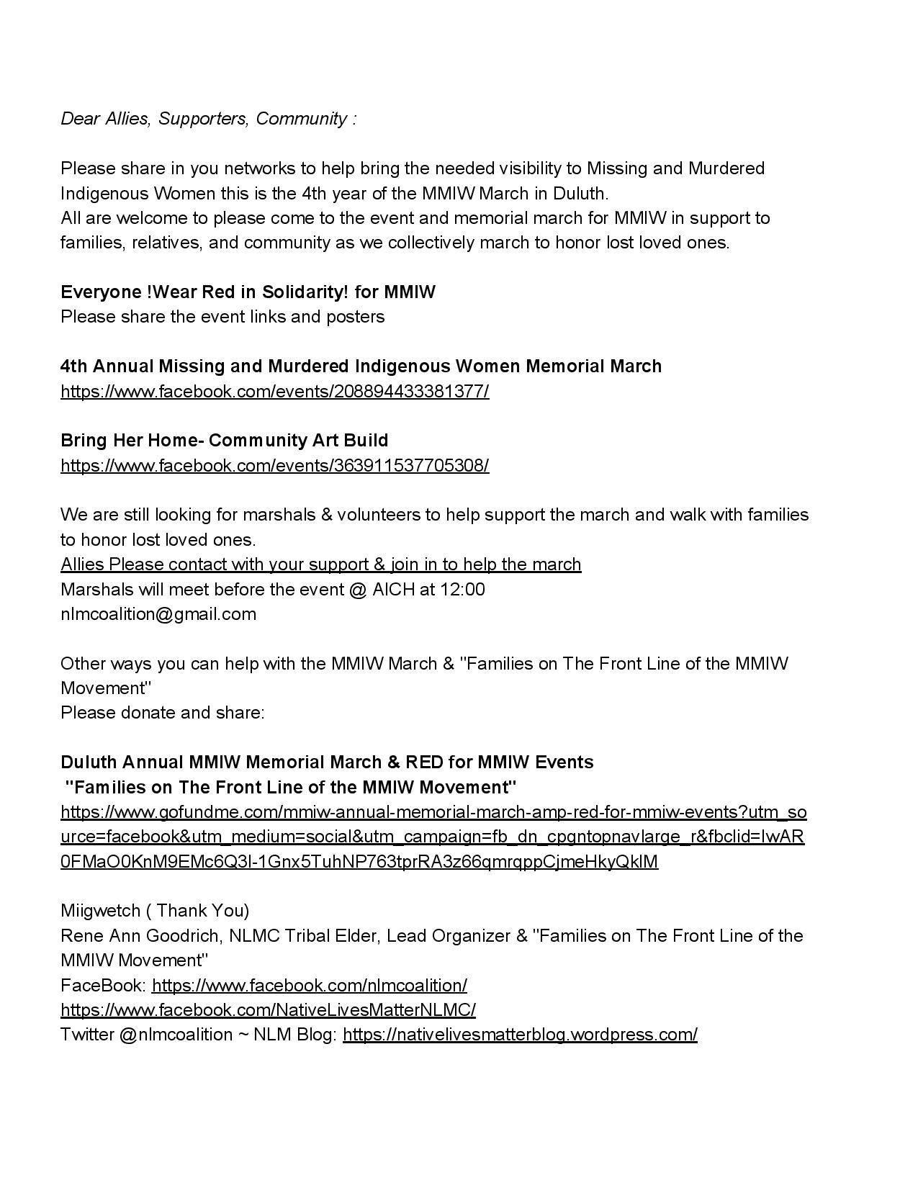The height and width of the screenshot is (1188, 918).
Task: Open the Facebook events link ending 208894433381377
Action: click(274, 392)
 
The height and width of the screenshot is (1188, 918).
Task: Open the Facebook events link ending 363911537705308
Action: click(274, 466)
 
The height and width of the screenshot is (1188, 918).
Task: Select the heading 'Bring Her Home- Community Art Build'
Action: click(224, 441)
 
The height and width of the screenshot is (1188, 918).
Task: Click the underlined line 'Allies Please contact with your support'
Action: click(320, 564)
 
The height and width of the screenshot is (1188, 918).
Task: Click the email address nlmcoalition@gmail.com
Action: click(158, 614)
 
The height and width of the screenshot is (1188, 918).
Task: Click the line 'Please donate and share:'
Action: click(163, 713)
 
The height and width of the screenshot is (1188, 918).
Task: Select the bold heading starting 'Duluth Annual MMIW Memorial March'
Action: click(327, 762)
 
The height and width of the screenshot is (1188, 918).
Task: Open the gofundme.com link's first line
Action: click(433, 812)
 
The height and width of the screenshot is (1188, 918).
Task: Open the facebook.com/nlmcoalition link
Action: click(310, 986)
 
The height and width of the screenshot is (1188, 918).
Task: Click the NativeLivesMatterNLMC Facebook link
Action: click(268, 1010)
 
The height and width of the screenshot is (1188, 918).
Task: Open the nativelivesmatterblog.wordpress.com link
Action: click(520, 1035)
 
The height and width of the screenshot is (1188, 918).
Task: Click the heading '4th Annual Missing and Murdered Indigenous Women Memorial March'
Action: click(361, 366)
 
